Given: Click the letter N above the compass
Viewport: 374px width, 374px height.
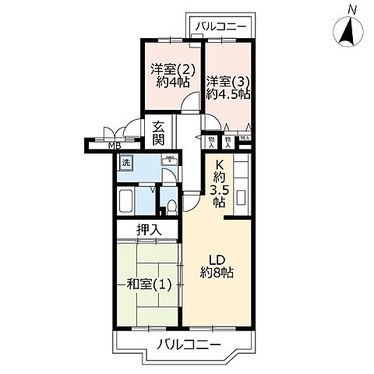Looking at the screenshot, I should [353, 9].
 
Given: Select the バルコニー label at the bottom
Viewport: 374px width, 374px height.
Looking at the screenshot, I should [187, 344].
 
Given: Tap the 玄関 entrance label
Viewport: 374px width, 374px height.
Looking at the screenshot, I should [158, 132].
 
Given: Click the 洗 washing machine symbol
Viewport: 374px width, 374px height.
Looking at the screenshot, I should [125, 164].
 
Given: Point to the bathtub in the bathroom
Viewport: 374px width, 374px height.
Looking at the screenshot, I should [127, 201].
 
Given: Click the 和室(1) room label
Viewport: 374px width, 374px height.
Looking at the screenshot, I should [147, 283].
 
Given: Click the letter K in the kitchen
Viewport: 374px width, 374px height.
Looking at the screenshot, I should [220, 164].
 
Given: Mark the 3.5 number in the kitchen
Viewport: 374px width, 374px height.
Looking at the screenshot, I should [220, 189].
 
